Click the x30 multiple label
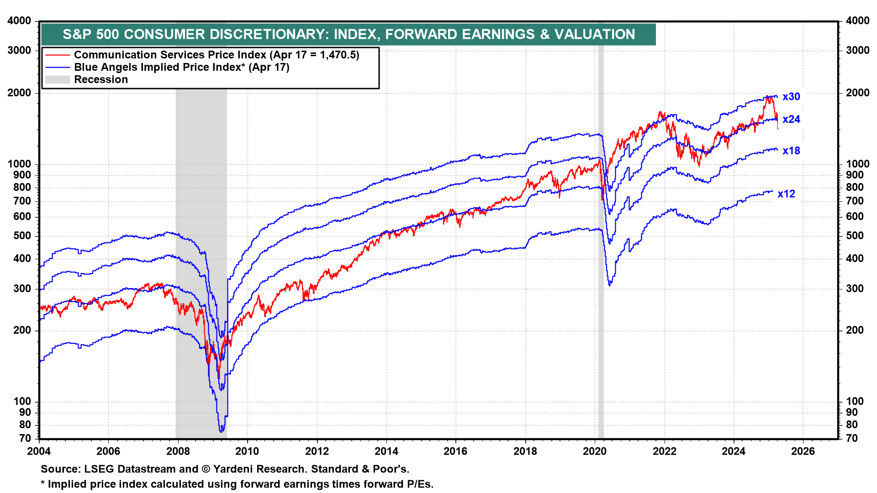(x=791, y=97)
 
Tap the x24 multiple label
(x=791, y=120)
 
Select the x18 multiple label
(x=791, y=151)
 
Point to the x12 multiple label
(x=786, y=194)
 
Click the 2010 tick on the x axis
(x=247, y=451)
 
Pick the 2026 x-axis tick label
(x=803, y=451)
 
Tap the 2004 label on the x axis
(x=39, y=451)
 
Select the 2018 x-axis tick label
(x=525, y=451)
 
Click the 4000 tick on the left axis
(x=19, y=21)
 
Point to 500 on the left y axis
(x=22, y=236)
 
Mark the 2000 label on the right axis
(x=857, y=93)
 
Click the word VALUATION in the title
(x=595, y=34)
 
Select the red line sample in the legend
(x=58, y=55)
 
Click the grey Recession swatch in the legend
(x=58, y=80)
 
